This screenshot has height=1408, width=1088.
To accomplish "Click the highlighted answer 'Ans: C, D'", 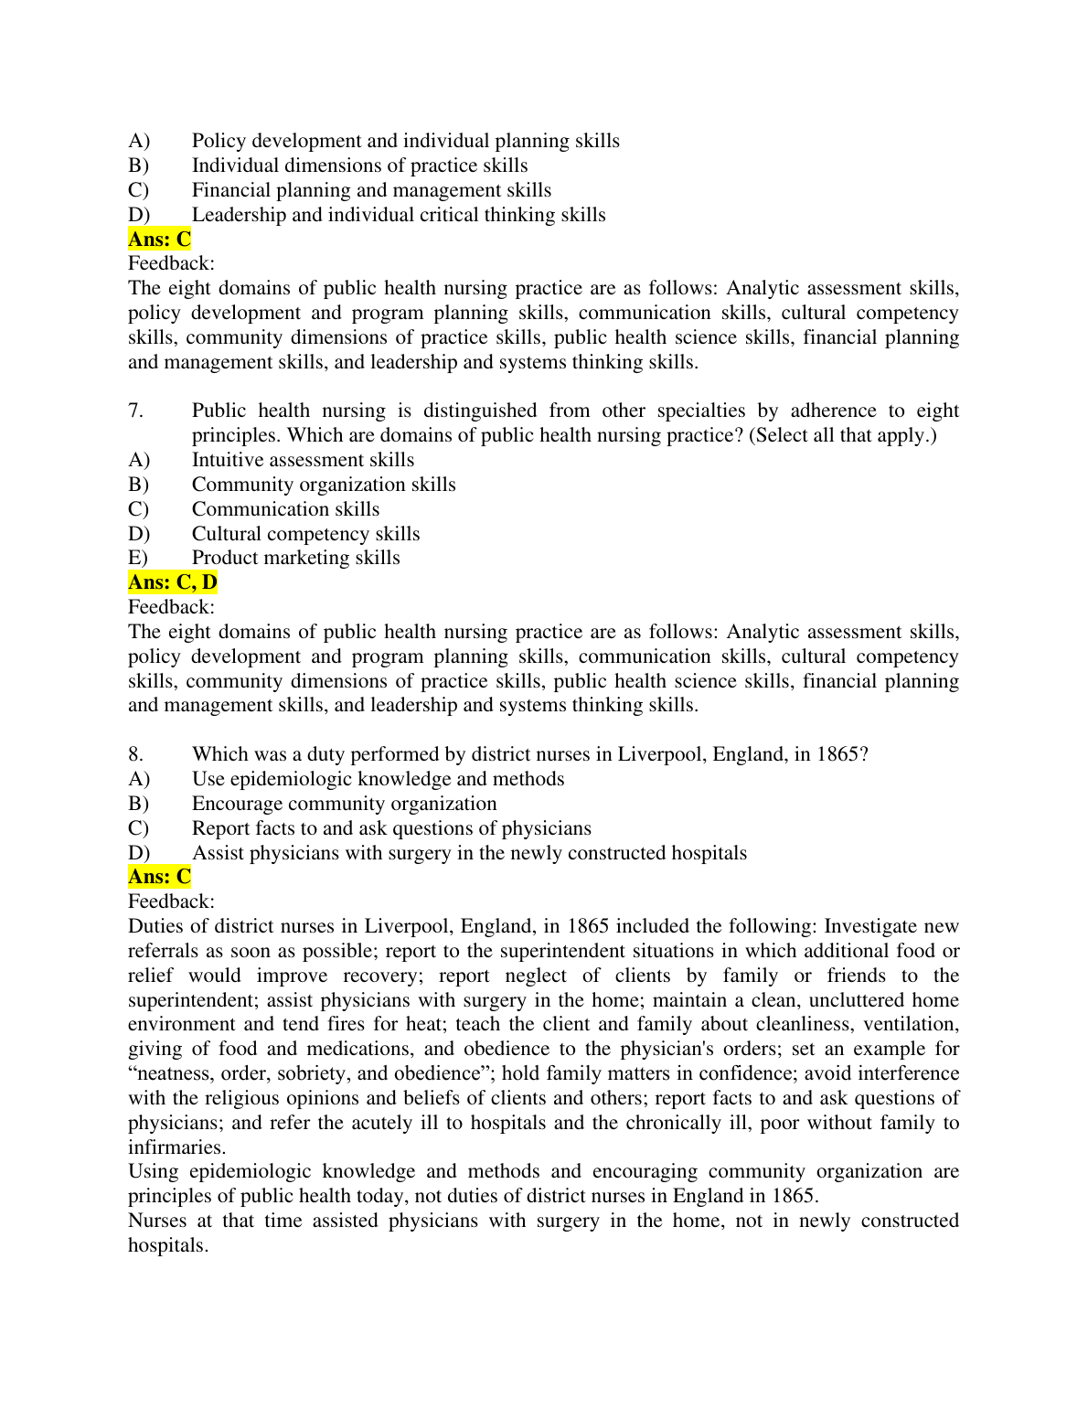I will pos(173,582).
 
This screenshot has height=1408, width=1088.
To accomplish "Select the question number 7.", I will pos(135,411).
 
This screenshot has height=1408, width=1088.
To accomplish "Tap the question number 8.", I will pos(135,754).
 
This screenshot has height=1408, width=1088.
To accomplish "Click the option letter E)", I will pos(138,558).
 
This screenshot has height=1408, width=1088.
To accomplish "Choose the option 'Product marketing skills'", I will pos(295,558).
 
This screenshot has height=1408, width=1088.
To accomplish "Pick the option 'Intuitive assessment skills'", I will pos(303,460).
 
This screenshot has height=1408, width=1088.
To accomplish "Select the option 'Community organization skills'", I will pos(324,485).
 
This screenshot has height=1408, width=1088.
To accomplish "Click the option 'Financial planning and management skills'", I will pos(371,190).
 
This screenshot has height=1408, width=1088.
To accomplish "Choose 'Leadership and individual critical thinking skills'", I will pos(399,215).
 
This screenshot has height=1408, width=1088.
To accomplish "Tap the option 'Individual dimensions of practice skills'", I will pos(359,165).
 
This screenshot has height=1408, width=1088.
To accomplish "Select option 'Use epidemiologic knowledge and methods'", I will pos(378,779).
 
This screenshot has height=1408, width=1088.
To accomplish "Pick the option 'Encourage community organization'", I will pos(344,804).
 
